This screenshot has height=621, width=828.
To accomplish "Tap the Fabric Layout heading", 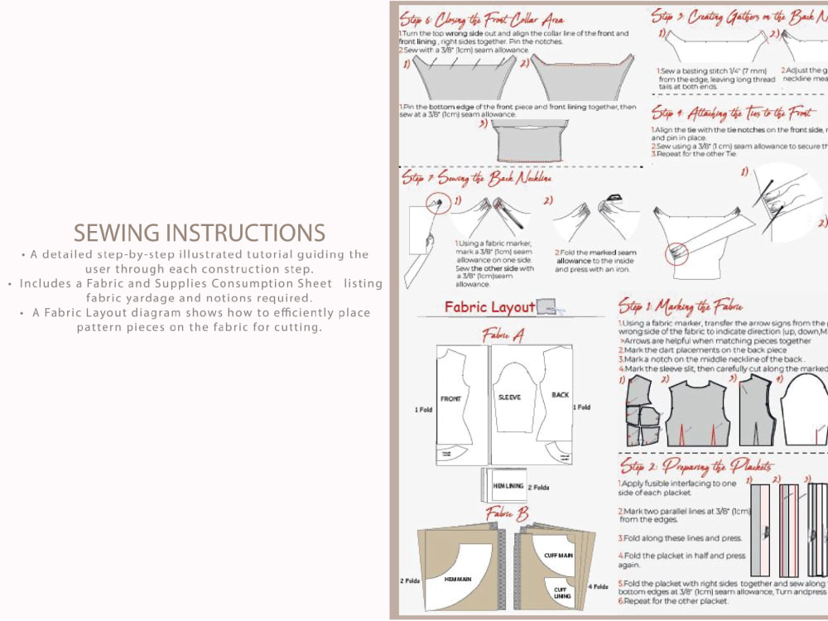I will click(489, 307).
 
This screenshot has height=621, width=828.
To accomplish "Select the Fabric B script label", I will click(506, 513).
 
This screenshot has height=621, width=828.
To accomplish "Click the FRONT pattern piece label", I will click(450, 398).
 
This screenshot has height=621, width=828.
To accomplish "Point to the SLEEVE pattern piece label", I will click(509, 397).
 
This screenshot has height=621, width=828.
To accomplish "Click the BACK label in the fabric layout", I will click(560, 395).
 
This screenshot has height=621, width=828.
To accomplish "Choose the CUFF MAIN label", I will click(558, 556).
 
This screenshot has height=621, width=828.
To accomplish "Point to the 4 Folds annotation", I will click(599, 586).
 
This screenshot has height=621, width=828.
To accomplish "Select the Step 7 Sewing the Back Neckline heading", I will click(477, 177).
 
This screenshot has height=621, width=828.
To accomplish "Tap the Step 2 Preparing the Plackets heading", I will click(696, 466).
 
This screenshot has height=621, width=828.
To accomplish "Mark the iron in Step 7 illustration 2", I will click(614, 199).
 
